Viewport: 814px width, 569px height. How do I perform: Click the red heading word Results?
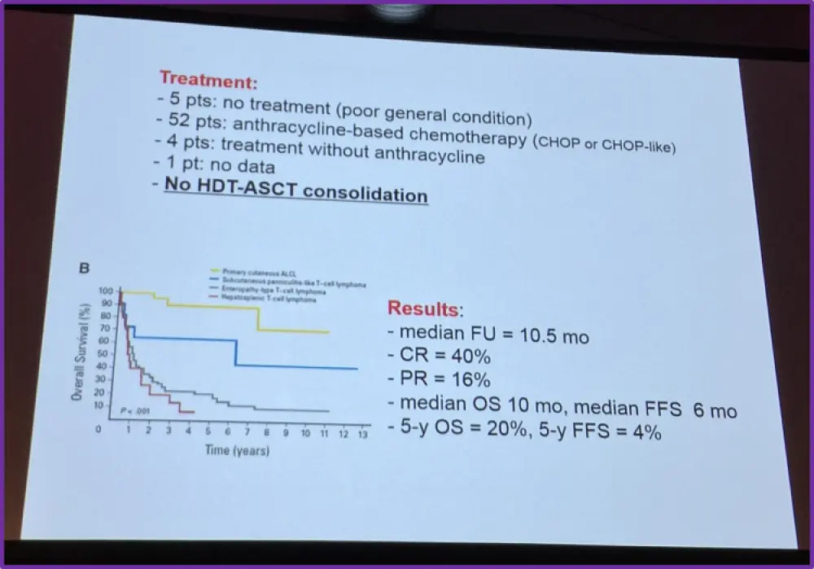point(422,309)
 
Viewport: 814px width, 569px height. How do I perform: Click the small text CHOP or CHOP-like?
point(605,143)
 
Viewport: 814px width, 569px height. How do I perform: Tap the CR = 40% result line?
point(444,357)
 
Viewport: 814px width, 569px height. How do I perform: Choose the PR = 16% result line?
point(444,379)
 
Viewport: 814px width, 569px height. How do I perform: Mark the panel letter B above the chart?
point(82,269)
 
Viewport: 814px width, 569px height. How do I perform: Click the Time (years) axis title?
point(237,449)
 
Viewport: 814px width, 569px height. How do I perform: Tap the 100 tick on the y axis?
point(104,291)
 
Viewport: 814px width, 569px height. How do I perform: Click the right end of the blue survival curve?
point(357,369)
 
